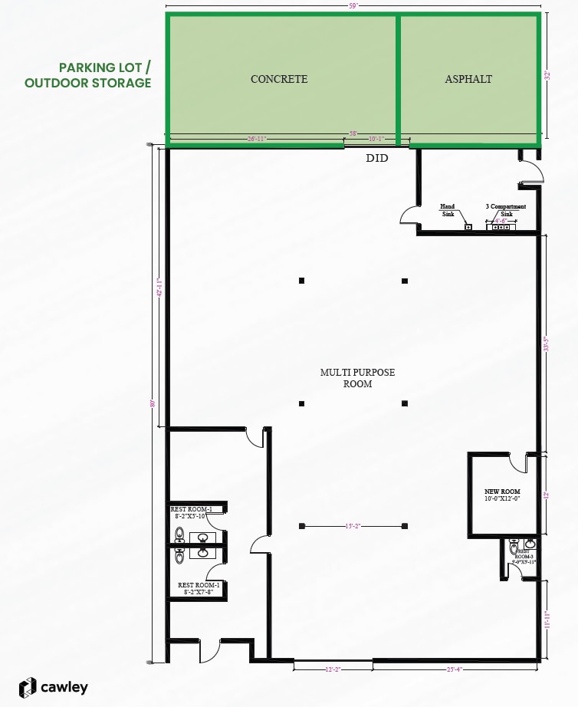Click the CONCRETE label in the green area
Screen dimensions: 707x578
point(279,79)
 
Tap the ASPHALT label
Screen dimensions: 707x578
point(468,79)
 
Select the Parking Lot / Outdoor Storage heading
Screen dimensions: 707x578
point(88,75)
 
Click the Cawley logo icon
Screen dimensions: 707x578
point(28,687)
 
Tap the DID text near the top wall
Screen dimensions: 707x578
point(377,158)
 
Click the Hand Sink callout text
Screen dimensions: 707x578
point(447,210)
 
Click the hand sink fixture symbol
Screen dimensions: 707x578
point(468,227)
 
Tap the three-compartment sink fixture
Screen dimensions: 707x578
point(501,227)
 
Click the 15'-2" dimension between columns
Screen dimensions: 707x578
point(353,526)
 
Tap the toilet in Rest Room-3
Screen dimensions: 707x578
point(513,548)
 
